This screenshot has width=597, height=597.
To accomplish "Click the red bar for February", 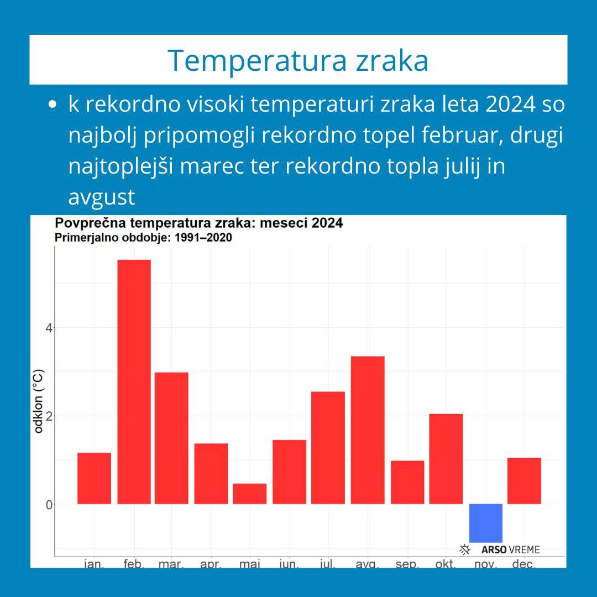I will click(x=134, y=381).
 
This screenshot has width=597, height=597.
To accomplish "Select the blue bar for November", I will click(x=486, y=523).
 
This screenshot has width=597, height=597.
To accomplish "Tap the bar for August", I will click(x=368, y=430).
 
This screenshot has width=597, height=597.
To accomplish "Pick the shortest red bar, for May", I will click(x=249, y=494).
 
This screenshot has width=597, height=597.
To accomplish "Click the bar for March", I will click(x=171, y=438).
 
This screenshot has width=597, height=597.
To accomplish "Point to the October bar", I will click(x=446, y=459).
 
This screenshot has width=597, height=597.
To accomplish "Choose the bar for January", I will click(x=94, y=478).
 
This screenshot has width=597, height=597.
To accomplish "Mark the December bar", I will click(x=524, y=481).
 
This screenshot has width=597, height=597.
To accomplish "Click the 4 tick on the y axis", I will click(x=49, y=328).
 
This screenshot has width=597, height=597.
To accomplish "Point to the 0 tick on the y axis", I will click(x=49, y=504).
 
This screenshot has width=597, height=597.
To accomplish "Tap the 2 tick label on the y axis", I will click(x=49, y=416).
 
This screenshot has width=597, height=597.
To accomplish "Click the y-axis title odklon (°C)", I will click(x=39, y=401).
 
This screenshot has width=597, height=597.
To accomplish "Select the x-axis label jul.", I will click(x=328, y=564).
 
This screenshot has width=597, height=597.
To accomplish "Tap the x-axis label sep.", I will click(x=407, y=564).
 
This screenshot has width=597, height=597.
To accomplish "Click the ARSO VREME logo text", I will click(x=510, y=549).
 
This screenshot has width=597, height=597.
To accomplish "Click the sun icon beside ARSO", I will click(x=465, y=549).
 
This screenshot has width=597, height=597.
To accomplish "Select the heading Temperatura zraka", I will click(x=298, y=60).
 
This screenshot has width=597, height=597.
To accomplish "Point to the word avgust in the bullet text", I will click(x=102, y=197).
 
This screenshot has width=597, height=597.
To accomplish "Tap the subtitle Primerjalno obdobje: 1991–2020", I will click(x=143, y=238).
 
